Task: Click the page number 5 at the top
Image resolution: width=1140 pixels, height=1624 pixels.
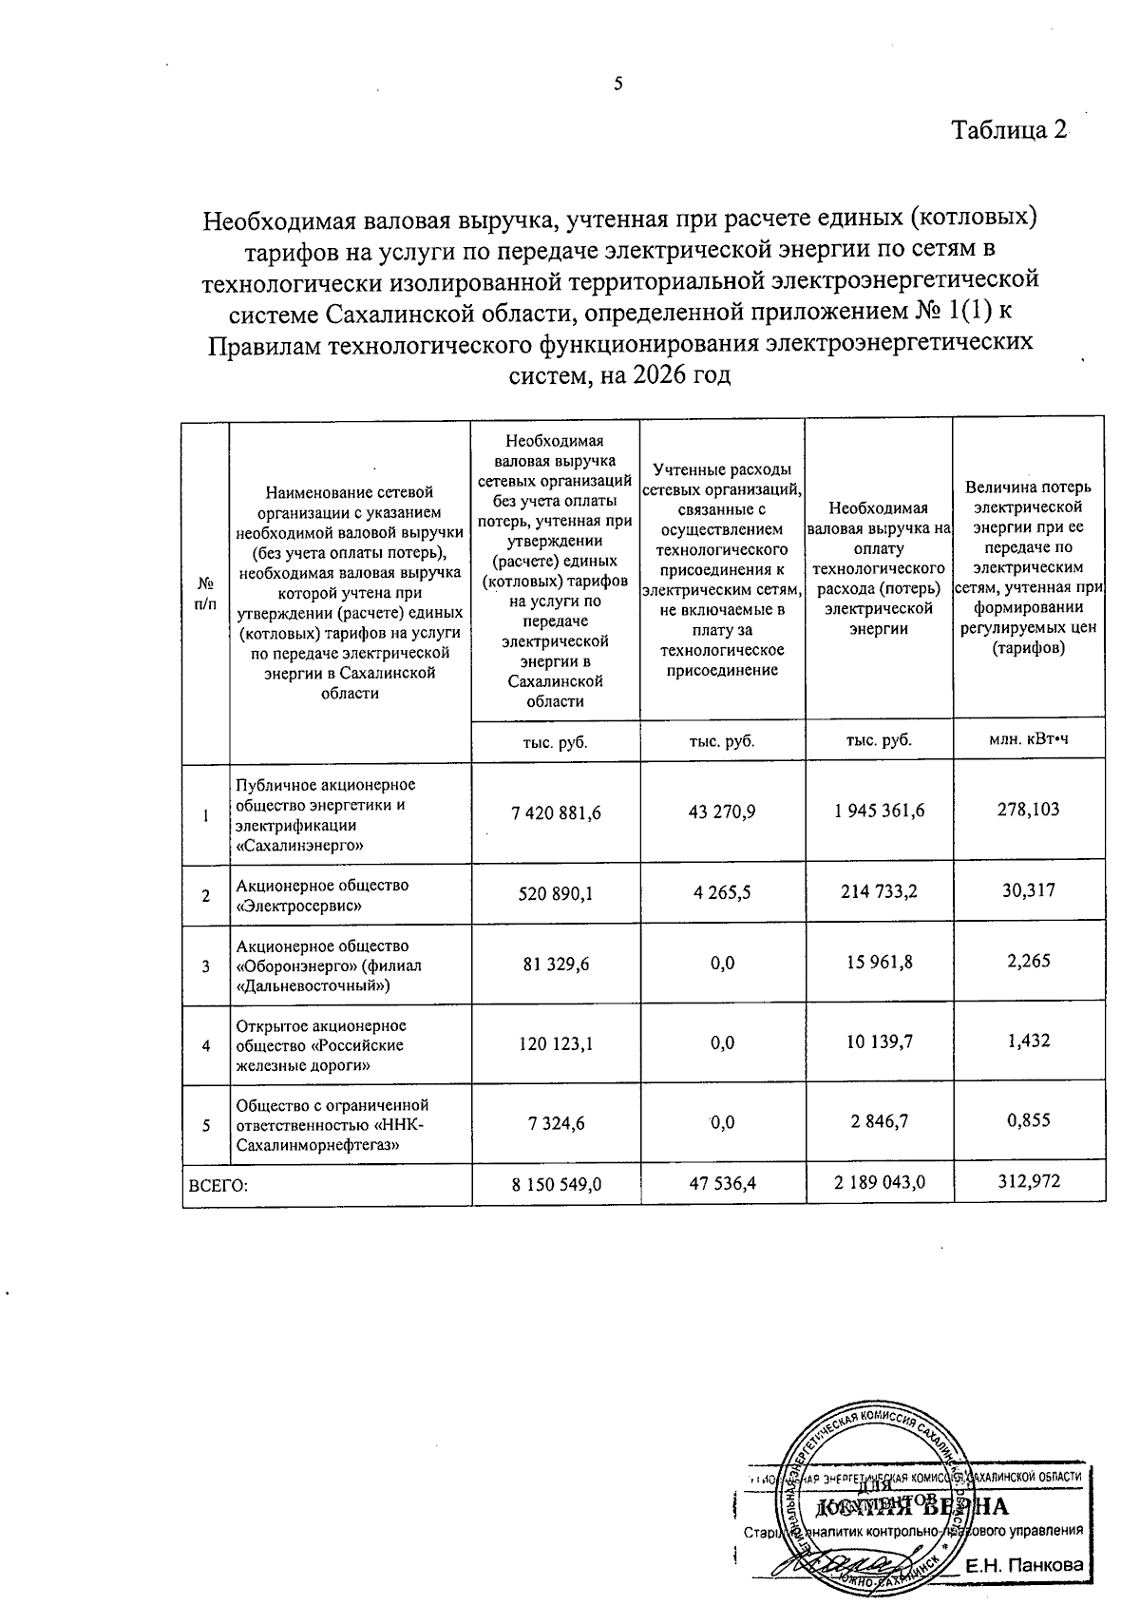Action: click(x=618, y=84)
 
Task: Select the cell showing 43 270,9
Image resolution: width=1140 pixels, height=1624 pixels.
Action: click(x=722, y=812)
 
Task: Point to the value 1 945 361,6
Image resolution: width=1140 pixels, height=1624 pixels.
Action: click(x=879, y=811)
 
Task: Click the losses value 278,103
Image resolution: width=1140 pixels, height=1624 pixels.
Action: click(x=1028, y=810)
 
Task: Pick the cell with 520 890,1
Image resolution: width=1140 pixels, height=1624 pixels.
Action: click(x=556, y=893)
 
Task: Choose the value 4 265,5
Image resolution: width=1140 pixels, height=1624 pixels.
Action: click(x=722, y=892)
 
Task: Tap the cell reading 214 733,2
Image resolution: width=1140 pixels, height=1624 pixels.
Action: click(x=879, y=891)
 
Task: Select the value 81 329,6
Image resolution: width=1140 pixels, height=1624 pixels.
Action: click(x=556, y=964)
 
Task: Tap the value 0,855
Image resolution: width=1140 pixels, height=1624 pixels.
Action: click(x=1028, y=1120)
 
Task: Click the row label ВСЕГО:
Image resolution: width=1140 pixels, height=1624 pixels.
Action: click(x=218, y=1184)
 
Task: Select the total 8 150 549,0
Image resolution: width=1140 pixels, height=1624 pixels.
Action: click(x=556, y=1183)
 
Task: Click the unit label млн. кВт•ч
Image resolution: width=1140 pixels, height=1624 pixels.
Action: click(x=1028, y=740)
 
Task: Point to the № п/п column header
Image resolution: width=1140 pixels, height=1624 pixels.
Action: click(x=205, y=593)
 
